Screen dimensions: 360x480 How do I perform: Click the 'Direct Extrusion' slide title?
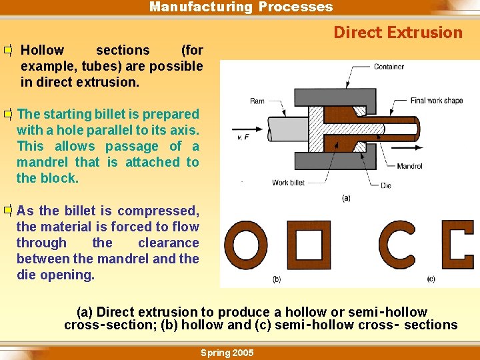(397, 33)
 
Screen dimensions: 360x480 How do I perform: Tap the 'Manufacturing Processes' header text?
(241, 7)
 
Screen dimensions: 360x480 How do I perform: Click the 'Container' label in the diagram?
(389, 67)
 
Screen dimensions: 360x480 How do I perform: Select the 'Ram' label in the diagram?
(257, 101)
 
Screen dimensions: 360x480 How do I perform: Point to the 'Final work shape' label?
(437, 101)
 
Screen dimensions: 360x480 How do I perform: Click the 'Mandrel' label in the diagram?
(409, 166)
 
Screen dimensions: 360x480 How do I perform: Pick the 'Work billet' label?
(289, 183)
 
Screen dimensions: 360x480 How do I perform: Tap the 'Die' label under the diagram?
(386, 186)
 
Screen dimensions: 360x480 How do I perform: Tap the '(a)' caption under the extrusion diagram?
(346, 199)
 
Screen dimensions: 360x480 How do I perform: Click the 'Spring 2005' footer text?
(227, 353)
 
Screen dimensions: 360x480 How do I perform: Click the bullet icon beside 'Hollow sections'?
(8, 51)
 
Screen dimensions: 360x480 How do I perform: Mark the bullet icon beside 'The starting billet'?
(8, 115)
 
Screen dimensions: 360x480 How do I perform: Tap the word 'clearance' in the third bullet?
(168, 243)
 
